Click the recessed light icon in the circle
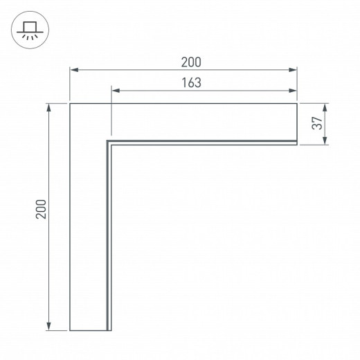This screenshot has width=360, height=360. pos(30,30)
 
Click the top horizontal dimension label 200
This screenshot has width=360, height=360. pos(191,62)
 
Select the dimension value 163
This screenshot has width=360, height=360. pos(191,82)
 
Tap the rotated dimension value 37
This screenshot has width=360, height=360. pos(317,123)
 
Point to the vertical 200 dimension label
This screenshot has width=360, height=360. pos(41,209)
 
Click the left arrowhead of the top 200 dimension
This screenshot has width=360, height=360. pos(74,70)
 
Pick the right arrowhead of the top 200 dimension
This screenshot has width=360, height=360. pos(293,70)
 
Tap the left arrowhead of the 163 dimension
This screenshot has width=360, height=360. pos(116,91)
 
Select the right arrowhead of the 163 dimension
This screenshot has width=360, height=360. pos(293,91)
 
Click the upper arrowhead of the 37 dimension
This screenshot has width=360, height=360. pos(325,108)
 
